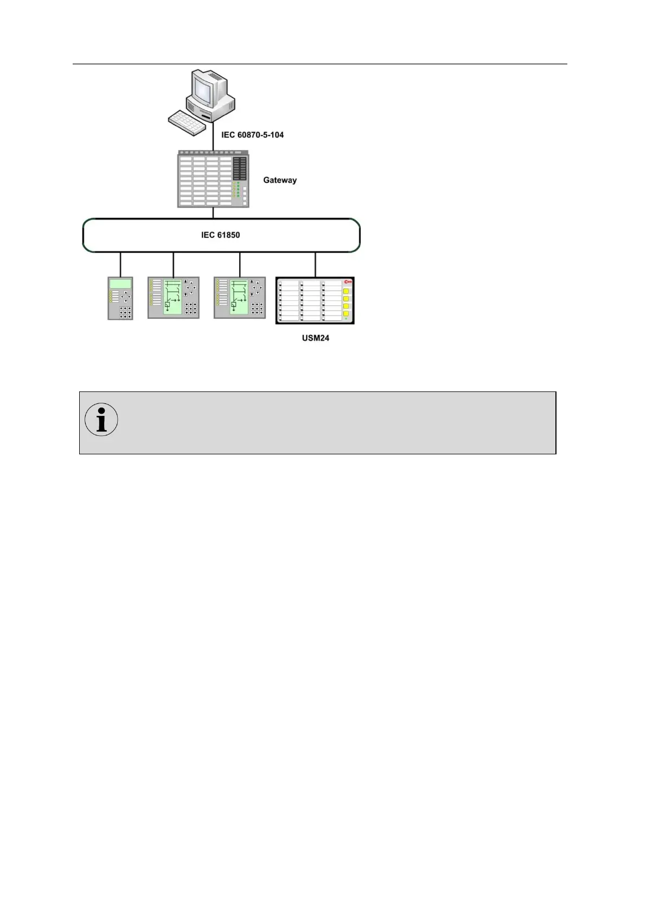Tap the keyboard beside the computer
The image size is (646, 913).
[x=187, y=124]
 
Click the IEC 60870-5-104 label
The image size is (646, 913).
[x=252, y=134]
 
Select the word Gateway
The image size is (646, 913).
[x=280, y=180]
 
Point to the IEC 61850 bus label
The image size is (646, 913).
[x=220, y=235]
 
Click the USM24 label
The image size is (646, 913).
[x=316, y=338]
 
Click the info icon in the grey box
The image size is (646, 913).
[x=101, y=420]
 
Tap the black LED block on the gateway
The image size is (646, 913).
[x=239, y=169]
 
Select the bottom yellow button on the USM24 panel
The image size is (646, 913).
[x=346, y=313]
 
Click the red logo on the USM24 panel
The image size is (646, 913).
[x=348, y=281]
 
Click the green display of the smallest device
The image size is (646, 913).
[x=120, y=284]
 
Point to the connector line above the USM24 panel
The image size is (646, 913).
[x=315, y=265]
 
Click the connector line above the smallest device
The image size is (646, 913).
[x=120, y=264]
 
